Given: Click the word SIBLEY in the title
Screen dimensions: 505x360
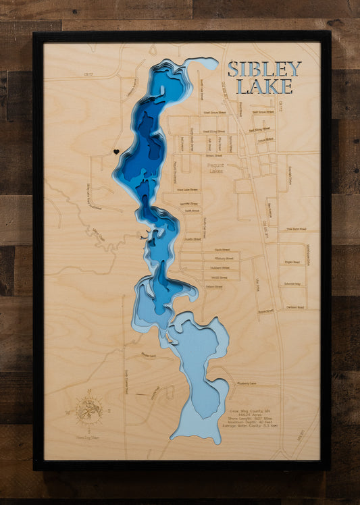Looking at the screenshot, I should [x=264, y=69].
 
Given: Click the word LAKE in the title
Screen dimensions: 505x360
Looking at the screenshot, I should [x=265, y=86].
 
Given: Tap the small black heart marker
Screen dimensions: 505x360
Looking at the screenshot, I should [x=116, y=152].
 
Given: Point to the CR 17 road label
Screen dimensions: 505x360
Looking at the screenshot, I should [x=88, y=74].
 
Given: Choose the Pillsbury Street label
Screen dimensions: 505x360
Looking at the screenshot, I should [x=222, y=258].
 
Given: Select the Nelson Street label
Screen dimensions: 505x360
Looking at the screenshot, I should [x=214, y=286].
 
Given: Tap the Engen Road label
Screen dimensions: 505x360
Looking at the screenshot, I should [x=292, y=262].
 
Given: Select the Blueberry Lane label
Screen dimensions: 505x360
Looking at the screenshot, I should [x=246, y=383].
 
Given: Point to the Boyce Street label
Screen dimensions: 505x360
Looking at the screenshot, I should [x=265, y=311].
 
